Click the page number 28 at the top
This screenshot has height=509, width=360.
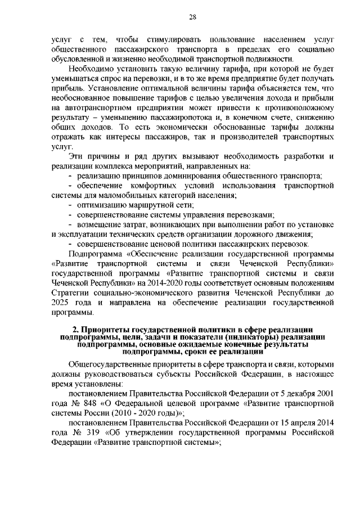(191, 18)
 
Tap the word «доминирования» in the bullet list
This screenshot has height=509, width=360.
(187, 175)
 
